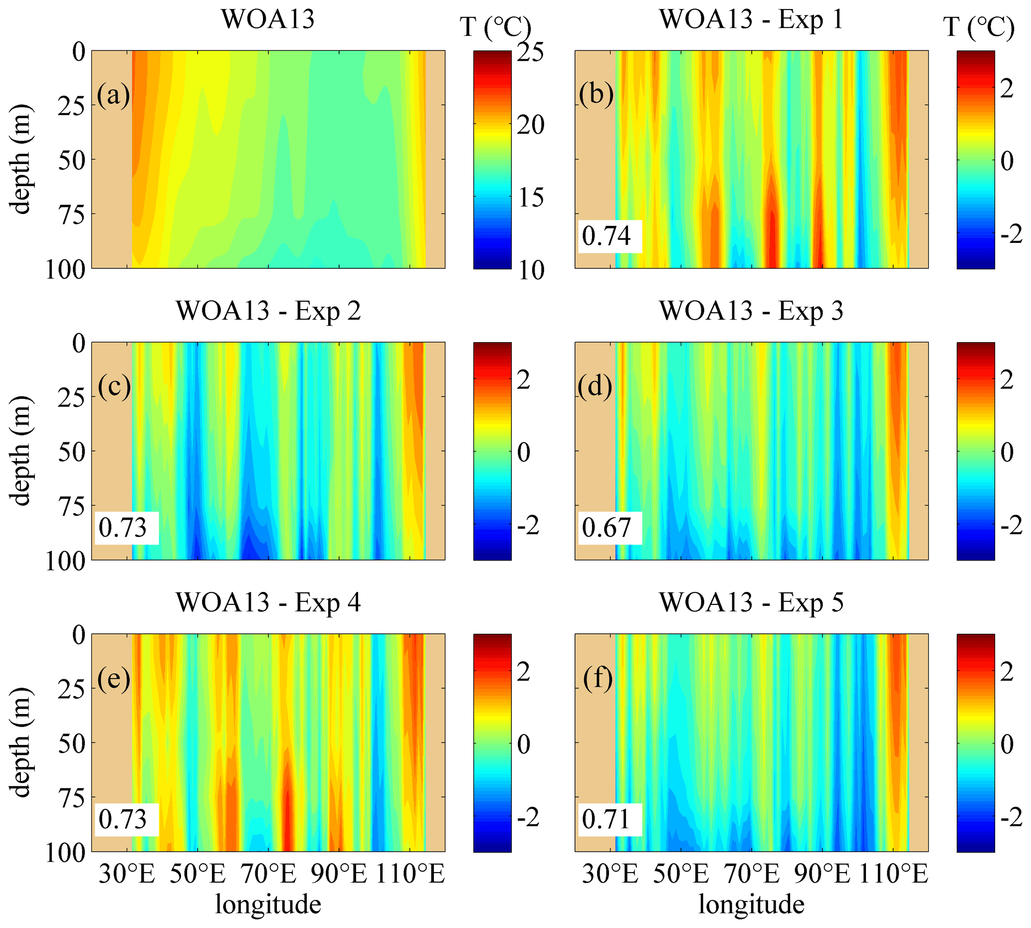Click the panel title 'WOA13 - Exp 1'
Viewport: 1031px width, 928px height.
point(751,19)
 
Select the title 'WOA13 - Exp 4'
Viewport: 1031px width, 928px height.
point(268,603)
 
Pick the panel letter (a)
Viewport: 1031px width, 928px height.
point(113,95)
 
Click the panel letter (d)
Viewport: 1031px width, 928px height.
point(595,387)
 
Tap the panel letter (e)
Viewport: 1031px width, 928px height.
point(114,679)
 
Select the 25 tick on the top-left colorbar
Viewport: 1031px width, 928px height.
point(530,52)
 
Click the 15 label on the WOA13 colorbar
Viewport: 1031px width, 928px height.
point(530,197)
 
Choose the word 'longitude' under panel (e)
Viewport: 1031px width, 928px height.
point(268,905)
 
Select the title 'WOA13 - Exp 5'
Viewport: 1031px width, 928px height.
point(751,603)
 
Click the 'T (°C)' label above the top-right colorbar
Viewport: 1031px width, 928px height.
point(979,26)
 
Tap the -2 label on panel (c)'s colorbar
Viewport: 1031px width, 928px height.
point(528,525)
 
